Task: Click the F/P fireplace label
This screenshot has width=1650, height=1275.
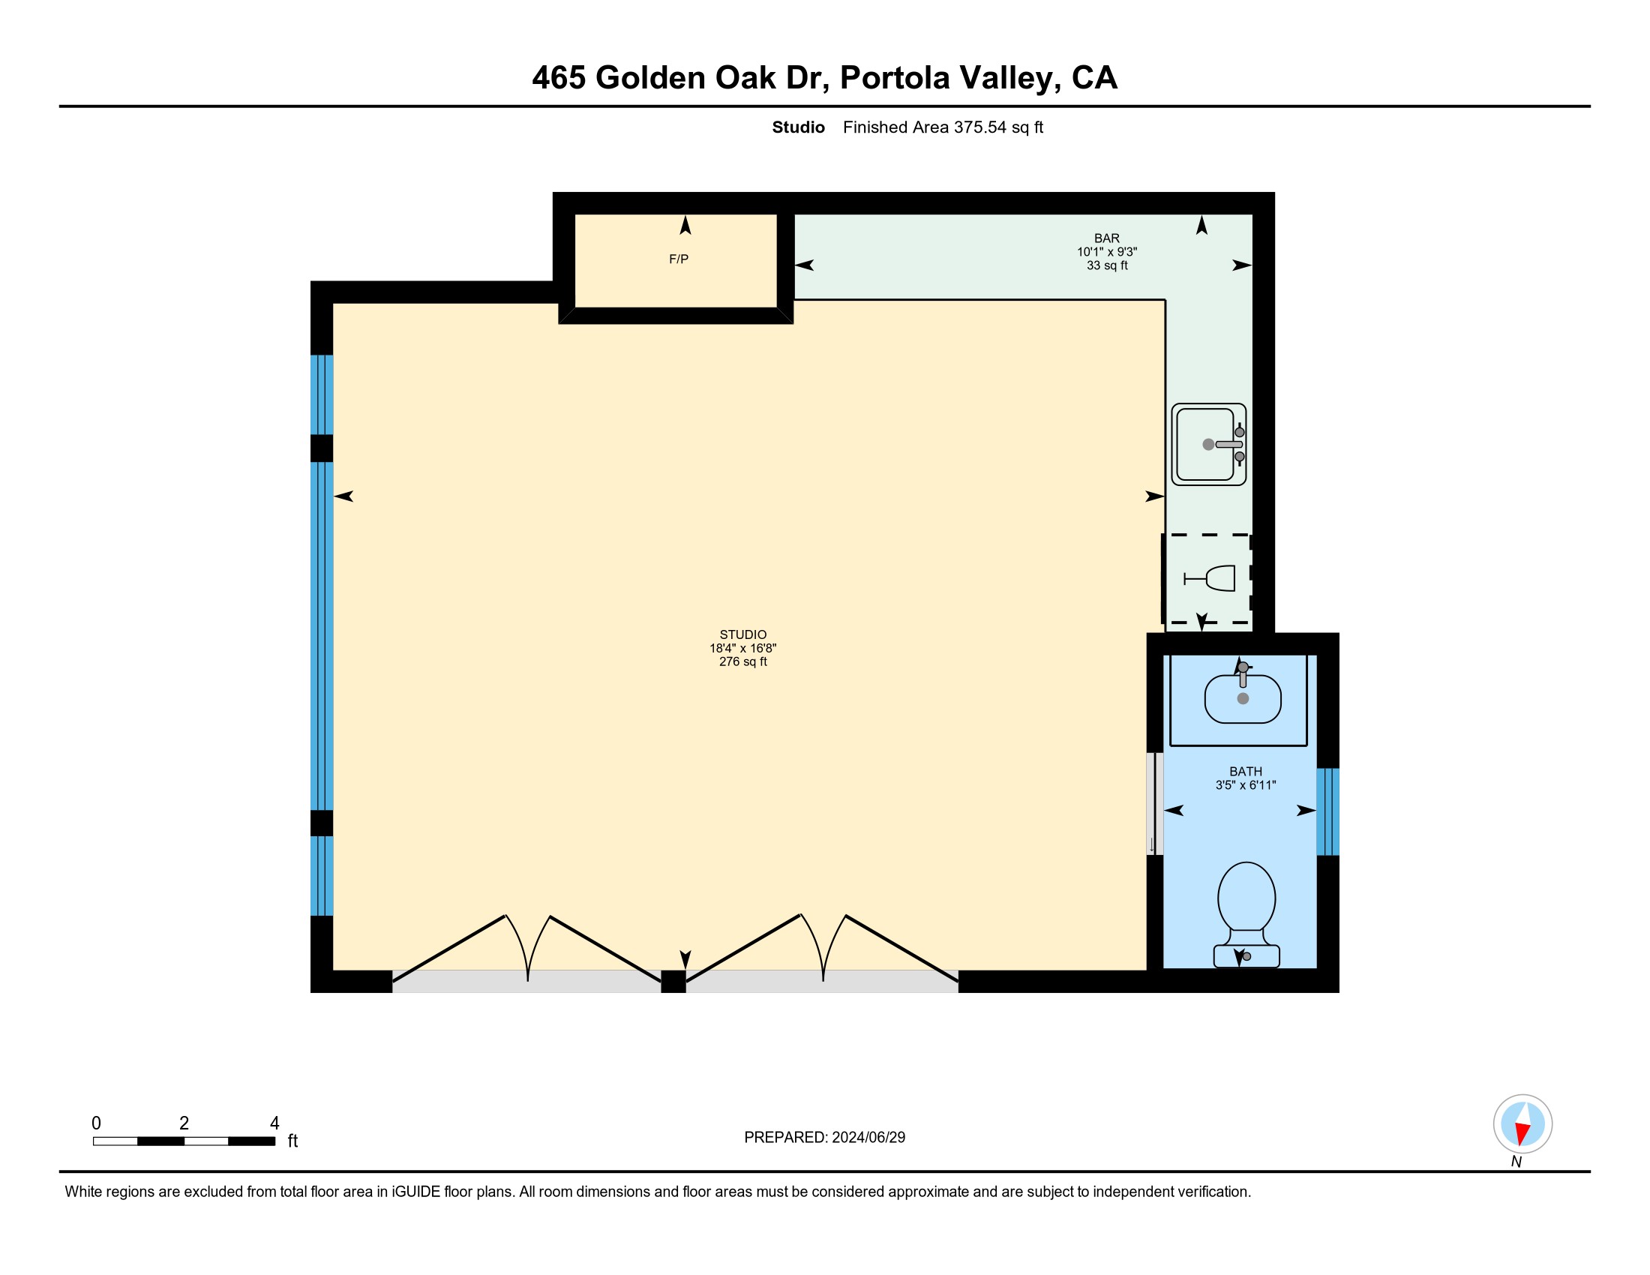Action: (679, 259)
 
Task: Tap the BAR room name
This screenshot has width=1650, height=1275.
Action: (1107, 238)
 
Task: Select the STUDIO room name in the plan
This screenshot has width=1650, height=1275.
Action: (742, 634)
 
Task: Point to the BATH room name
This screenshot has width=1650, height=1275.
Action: (1245, 771)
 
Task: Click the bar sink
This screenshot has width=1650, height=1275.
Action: (1208, 444)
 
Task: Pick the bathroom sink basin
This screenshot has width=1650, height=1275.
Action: (1243, 699)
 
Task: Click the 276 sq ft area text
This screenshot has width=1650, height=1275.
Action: (742, 661)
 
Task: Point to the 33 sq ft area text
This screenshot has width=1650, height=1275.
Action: (1107, 265)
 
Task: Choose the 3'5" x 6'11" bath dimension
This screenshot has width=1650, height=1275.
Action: (1245, 784)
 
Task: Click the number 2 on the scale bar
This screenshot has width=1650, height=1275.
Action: (184, 1123)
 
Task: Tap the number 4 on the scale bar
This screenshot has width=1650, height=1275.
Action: (274, 1123)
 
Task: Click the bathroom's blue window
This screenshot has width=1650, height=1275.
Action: (1327, 812)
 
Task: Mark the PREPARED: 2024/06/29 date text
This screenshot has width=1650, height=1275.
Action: (824, 1138)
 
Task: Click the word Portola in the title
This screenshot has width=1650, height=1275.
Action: (895, 78)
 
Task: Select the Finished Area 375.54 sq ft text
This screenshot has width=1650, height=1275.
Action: (943, 127)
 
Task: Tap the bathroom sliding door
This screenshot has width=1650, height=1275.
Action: (1154, 804)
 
